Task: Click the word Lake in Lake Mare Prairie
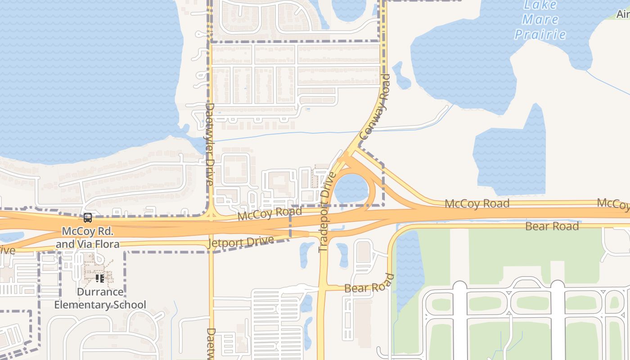coord(540,5)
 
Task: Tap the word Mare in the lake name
coord(540,20)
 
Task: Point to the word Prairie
coord(540,34)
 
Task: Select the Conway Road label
coord(374,107)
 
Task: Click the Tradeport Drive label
coord(328,211)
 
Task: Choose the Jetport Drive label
coord(241,242)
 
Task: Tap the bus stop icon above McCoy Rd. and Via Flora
coord(88,218)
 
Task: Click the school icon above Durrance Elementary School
coord(100,279)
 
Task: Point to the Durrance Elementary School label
coord(100,298)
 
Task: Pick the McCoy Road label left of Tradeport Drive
coord(270,213)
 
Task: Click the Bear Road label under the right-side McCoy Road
coord(552,226)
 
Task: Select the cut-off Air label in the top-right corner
coord(623,14)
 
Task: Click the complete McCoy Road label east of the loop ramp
coord(477,203)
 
